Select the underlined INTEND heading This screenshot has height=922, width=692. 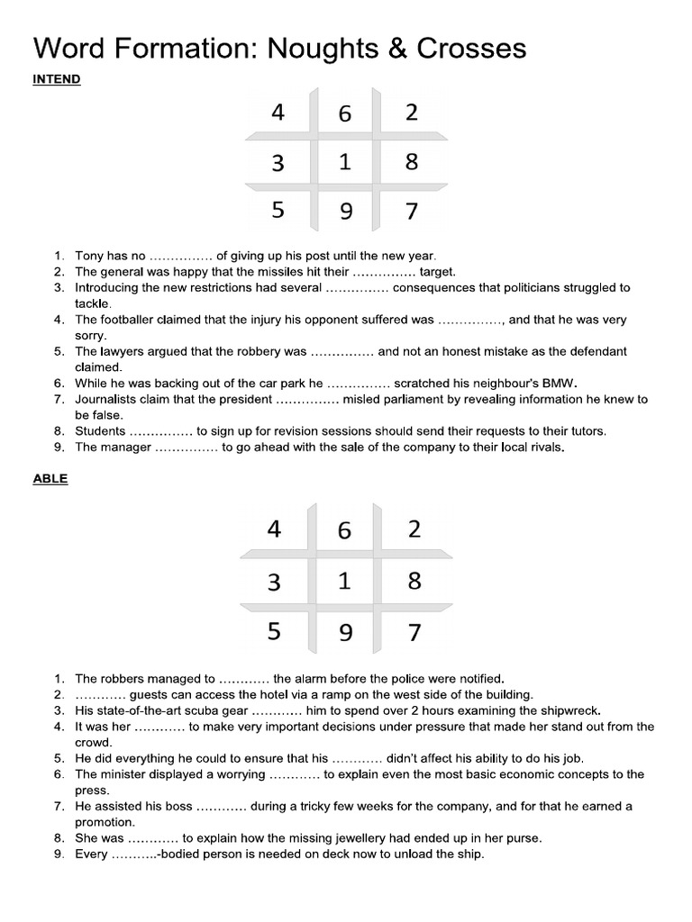(57, 79)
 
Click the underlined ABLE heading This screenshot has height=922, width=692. (50, 479)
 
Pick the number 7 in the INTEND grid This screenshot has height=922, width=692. (412, 212)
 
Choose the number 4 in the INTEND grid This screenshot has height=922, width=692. (278, 113)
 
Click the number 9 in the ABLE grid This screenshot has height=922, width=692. (344, 635)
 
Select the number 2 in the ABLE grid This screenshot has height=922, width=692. (414, 529)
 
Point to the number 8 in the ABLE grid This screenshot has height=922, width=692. (414, 581)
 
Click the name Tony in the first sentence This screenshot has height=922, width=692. (90, 256)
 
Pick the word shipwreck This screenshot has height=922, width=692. (569, 710)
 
